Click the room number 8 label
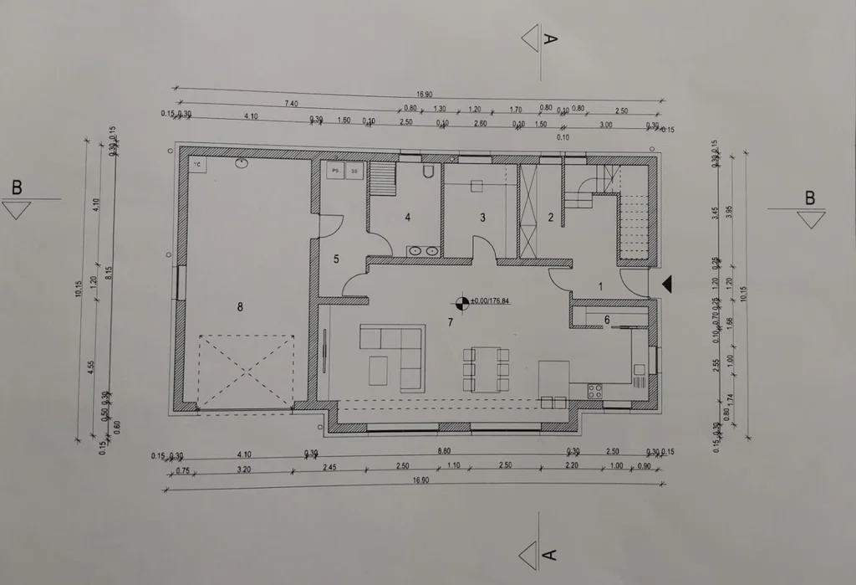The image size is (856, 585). pyautogui.click(x=240, y=307)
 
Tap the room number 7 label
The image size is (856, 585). pyautogui.click(x=450, y=321)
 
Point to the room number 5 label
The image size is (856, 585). pyautogui.click(x=336, y=259)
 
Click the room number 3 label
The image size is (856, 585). pyautogui.click(x=482, y=218)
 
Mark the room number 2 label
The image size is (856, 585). pyautogui.click(x=551, y=218)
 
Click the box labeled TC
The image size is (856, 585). pyautogui.click(x=198, y=165)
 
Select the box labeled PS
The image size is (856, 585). pyautogui.click(x=336, y=170)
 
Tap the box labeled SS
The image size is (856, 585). pyautogui.click(x=354, y=170)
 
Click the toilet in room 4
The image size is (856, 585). pyautogui.click(x=429, y=172)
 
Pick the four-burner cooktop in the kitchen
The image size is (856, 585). pyautogui.click(x=595, y=389)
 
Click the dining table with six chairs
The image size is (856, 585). pyautogui.click(x=486, y=369)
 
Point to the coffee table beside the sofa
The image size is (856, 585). pyautogui.click(x=378, y=369)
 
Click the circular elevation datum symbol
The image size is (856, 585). pyautogui.click(x=461, y=301)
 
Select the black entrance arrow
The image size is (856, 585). pyautogui.click(x=666, y=285)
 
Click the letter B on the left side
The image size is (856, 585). pyautogui.click(x=17, y=187)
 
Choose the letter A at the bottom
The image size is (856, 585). pyautogui.click(x=548, y=553)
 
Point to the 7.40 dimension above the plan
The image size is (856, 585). pyautogui.click(x=291, y=103)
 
